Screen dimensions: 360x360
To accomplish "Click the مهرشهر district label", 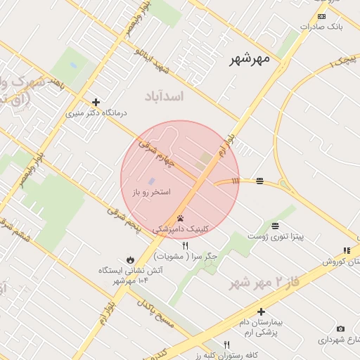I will pos(250,60).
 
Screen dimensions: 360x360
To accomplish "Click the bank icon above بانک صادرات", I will pos(321,15).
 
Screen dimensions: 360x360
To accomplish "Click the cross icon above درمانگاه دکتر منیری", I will pos(96,102).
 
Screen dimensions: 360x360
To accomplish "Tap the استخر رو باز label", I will pos(151,191).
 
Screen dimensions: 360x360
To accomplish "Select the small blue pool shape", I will pos(152,181).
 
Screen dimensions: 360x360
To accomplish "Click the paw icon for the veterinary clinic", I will pos(181,218).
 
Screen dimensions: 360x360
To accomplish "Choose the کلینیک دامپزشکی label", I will pos(181,229).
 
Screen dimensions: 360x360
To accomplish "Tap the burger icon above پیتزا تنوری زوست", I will pos(274,226).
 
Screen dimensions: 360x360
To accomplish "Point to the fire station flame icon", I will pos(130,258).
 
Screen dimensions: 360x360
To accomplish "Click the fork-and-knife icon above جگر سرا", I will pos(186,245).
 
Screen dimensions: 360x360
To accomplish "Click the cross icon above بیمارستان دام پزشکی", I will pos(261,311).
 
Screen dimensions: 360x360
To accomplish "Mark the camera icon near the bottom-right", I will pos(341,328).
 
